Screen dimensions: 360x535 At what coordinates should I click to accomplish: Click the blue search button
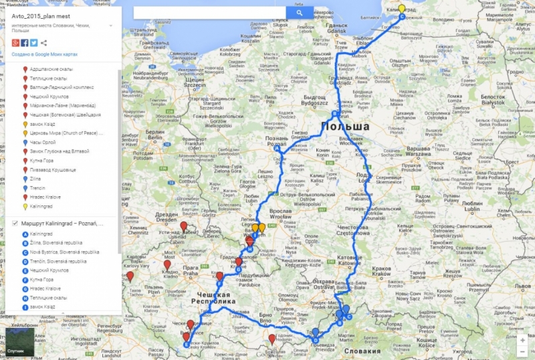(x=300, y=12)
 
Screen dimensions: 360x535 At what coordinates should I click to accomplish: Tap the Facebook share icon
(x=24, y=43)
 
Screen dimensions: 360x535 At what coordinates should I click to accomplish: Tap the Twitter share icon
(x=33, y=43)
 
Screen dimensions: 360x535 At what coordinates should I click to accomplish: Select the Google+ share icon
(x=15, y=43)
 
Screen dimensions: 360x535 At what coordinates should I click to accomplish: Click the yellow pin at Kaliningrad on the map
(x=402, y=9)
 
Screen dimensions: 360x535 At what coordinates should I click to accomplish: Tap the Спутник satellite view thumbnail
(x=15, y=342)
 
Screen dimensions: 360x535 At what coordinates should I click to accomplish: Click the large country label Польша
(x=345, y=126)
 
